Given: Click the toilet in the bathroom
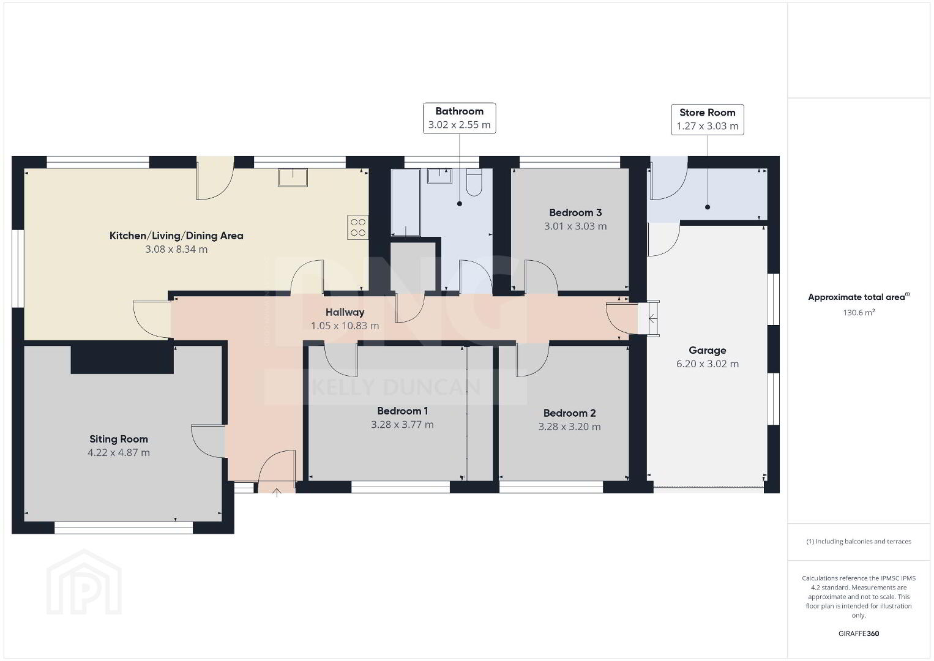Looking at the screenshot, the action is pyautogui.click(x=474, y=182).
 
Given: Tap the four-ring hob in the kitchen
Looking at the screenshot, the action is pyautogui.click(x=358, y=227).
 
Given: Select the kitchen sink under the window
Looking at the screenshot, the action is pyautogui.click(x=293, y=177).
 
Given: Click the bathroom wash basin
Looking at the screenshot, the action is pyautogui.click(x=439, y=176).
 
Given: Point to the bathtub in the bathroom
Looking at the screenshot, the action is pyautogui.click(x=405, y=202).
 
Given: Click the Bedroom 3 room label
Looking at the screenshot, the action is pyautogui.click(x=575, y=213).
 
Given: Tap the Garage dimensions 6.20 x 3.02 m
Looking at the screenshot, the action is pyautogui.click(x=707, y=364).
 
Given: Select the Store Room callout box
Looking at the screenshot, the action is pyautogui.click(x=707, y=119).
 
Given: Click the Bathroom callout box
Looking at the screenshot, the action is pyautogui.click(x=459, y=118).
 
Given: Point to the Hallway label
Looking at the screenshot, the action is pyautogui.click(x=345, y=312).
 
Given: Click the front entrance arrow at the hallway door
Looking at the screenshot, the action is pyautogui.click(x=277, y=493).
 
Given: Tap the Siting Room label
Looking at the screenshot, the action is pyautogui.click(x=118, y=439).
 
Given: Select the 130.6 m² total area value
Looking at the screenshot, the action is pyautogui.click(x=859, y=312).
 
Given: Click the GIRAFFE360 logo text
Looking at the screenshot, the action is pyautogui.click(x=859, y=633).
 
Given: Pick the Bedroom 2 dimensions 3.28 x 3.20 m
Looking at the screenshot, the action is pyautogui.click(x=569, y=427).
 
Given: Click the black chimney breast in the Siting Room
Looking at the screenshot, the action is pyautogui.click(x=122, y=357).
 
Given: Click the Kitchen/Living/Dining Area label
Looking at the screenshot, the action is pyautogui.click(x=176, y=236).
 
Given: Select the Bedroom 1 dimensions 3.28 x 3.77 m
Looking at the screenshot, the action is pyautogui.click(x=402, y=425).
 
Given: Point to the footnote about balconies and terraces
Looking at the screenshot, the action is pyautogui.click(x=859, y=541).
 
